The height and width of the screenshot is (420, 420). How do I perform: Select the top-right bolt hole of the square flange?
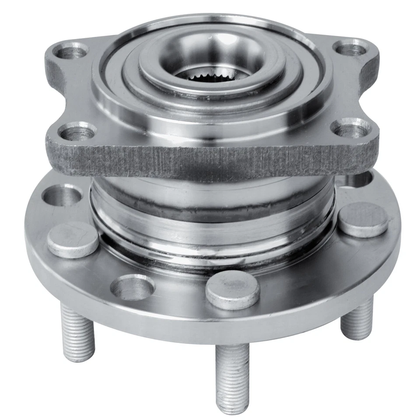[x=350, y=48]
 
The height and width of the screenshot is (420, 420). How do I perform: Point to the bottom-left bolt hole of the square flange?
[x=77, y=131]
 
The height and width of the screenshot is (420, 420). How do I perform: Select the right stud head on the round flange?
[x=363, y=218]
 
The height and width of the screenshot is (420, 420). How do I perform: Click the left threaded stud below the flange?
[x=77, y=332]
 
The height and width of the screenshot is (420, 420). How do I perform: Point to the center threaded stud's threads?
[x=232, y=367]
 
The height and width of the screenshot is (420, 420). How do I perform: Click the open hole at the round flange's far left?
[x=63, y=194]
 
